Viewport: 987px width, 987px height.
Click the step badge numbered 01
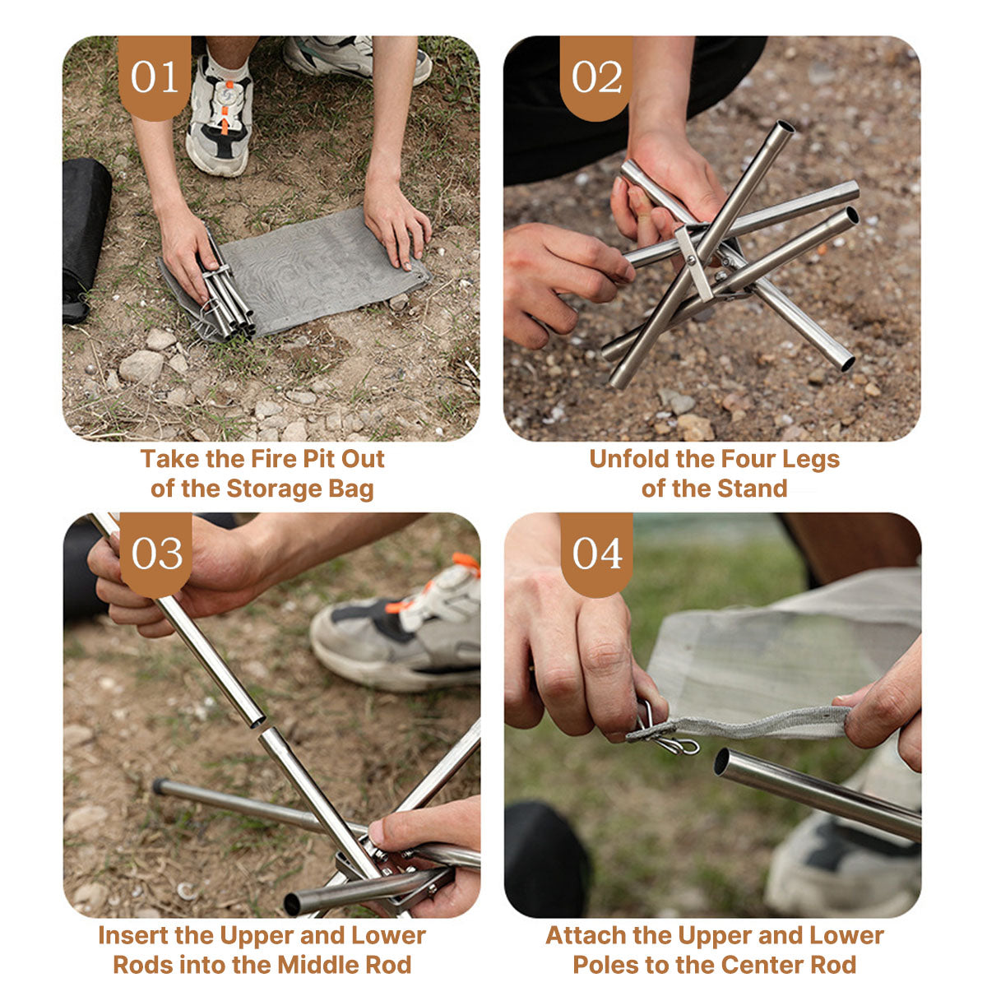[155, 77]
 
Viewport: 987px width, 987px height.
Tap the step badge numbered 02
[596, 77]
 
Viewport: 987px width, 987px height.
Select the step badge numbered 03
[156, 554]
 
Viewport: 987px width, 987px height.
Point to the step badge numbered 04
[597, 554]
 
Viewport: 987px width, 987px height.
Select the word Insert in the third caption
[133, 935]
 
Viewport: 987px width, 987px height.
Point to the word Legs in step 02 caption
[810, 459]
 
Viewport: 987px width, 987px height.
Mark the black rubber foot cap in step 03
[158, 785]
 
